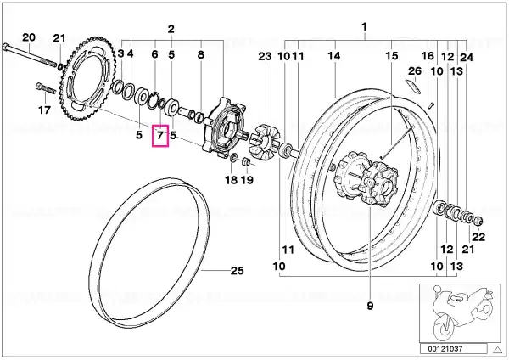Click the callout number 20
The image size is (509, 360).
pos(29,37)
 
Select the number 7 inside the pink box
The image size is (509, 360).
pos(160,135)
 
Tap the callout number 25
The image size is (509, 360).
pos(237,270)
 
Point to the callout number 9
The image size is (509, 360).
pos(370,306)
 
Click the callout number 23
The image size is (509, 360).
pos(265,56)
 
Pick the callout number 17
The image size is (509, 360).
pos(44,110)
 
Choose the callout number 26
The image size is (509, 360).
pos(415,70)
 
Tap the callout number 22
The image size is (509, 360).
pos(478,237)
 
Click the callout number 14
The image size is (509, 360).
pos(334,56)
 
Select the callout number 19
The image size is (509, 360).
pos(247,180)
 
